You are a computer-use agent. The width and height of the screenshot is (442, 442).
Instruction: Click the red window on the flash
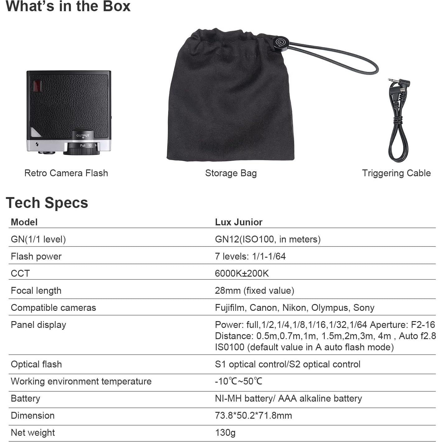pos(37,86)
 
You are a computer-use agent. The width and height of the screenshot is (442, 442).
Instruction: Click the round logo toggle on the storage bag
pos(281,43)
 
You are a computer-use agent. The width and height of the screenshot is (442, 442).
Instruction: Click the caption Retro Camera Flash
pos(66,173)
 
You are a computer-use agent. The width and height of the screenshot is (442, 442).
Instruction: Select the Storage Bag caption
pos(231,173)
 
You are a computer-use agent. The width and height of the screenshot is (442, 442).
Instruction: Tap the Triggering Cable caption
pos(396,173)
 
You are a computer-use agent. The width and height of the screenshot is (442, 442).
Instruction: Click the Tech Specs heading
pos(47,203)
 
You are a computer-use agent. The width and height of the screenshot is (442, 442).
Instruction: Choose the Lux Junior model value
pos(239,222)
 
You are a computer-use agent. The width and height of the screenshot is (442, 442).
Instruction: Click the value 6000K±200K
pos(242,273)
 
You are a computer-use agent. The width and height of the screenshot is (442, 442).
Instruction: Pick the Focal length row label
pos(36,291)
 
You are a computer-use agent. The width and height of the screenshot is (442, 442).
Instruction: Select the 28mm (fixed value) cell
pos(255,291)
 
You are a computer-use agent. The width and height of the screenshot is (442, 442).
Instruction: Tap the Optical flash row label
pos(36,364)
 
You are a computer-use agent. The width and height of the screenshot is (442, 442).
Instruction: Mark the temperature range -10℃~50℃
pos(239,381)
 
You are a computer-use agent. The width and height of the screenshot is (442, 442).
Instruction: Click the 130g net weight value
pos(225,433)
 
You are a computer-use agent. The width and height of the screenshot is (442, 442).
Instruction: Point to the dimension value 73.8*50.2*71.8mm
pos(253,416)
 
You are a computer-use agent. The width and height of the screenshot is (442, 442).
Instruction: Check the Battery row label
pos(25,398)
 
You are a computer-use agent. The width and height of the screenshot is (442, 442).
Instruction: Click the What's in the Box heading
pos(68,6)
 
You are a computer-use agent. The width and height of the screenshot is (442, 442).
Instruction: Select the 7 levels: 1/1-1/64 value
pos(250,256)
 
